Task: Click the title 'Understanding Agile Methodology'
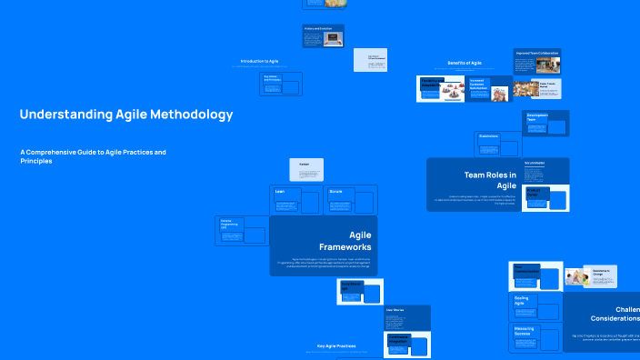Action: (125, 115)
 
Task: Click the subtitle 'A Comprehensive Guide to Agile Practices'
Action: (93, 152)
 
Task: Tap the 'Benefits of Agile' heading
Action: (464, 63)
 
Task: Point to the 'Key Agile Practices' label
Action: (335, 345)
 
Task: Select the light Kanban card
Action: (305, 168)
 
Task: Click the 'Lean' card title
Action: (281, 192)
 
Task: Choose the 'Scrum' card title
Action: (335, 192)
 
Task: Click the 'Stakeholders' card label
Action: (488, 135)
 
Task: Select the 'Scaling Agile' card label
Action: (523, 301)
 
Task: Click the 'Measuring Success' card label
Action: (525, 331)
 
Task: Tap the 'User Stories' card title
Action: (395, 310)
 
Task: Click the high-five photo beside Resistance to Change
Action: (576, 276)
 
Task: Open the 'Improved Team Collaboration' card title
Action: (536, 53)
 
